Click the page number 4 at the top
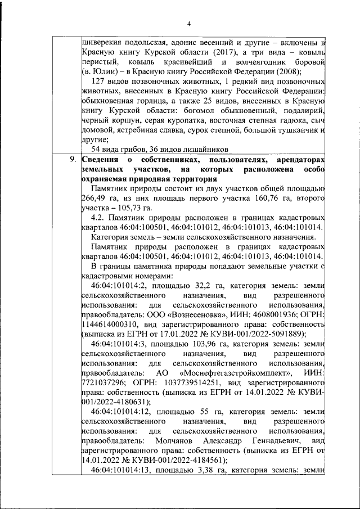tap(189, 23)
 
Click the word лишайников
tap(204, 149)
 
